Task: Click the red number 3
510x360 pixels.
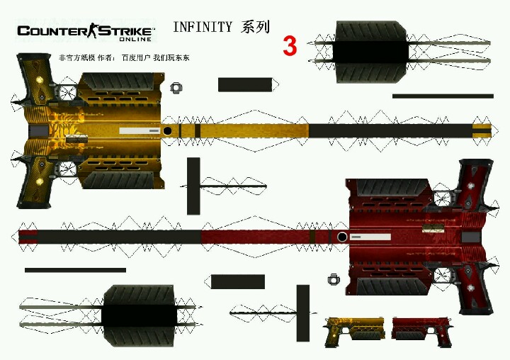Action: pyautogui.click(x=290, y=46)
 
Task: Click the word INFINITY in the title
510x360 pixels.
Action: pyautogui.click(x=202, y=28)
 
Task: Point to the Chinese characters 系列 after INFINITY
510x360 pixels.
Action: pyautogui.click(x=255, y=28)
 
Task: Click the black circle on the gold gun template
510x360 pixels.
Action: pyautogui.click(x=167, y=130)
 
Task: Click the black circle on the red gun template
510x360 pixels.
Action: pyautogui.click(x=342, y=237)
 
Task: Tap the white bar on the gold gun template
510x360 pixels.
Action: pyautogui.click(x=139, y=130)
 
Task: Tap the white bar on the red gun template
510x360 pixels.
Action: pyautogui.click(x=371, y=237)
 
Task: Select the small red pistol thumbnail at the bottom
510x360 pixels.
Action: pyautogui.click(x=421, y=331)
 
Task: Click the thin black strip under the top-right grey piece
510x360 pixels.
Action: pyautogui.click(x=443, y=96)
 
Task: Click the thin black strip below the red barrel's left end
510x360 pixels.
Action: pyautogui.click(x=75, y=270)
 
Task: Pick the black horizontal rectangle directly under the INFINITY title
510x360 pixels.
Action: pyautogui.click(x=245, y=85)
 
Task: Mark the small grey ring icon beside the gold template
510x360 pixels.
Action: pyautogui.click(x=176, y=88)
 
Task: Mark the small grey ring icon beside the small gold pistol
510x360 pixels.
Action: pyautogui.click(x=333, y=279)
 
